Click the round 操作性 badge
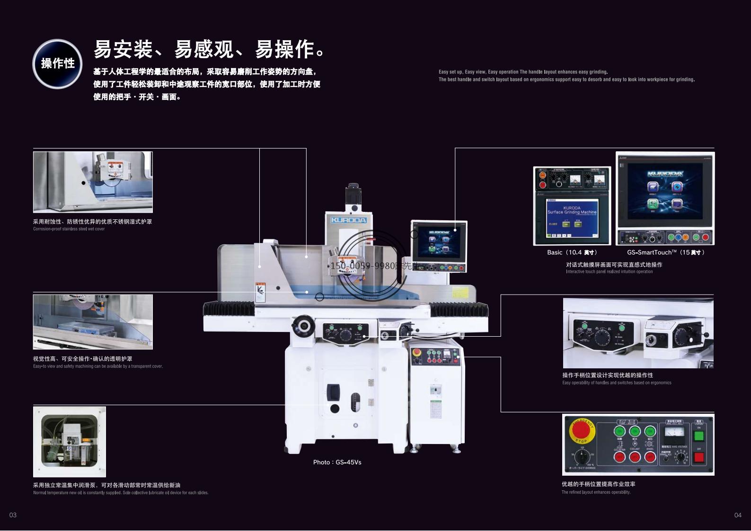pos(57,64)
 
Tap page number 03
pos(13,515)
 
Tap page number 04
pos(737,515)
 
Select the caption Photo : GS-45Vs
pos(337,462)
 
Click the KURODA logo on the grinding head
pos(348,220)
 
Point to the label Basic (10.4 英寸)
pos(572,252)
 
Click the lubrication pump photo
pos(70,442)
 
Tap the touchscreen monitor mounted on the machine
pos(439,242)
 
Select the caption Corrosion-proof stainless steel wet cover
pos(69,229)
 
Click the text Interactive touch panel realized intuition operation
pos(609,272)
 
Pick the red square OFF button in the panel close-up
pos(698,457)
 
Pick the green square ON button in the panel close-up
pos(698,435)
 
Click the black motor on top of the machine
pos(353,194)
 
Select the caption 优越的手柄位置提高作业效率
pos(598,484)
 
